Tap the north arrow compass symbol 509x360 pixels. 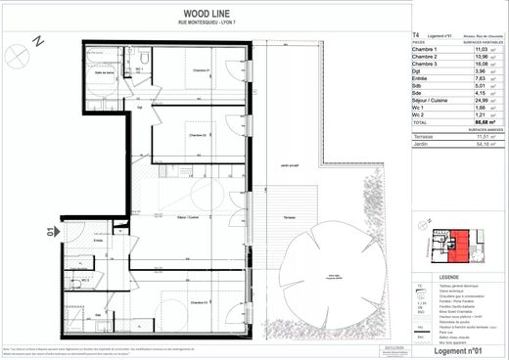pyautogui.click(x=36, y=43)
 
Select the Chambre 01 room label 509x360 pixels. pyautogui.click(x=203, y=70)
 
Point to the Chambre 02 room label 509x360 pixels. pyautogui.click(x=197, y=135)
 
